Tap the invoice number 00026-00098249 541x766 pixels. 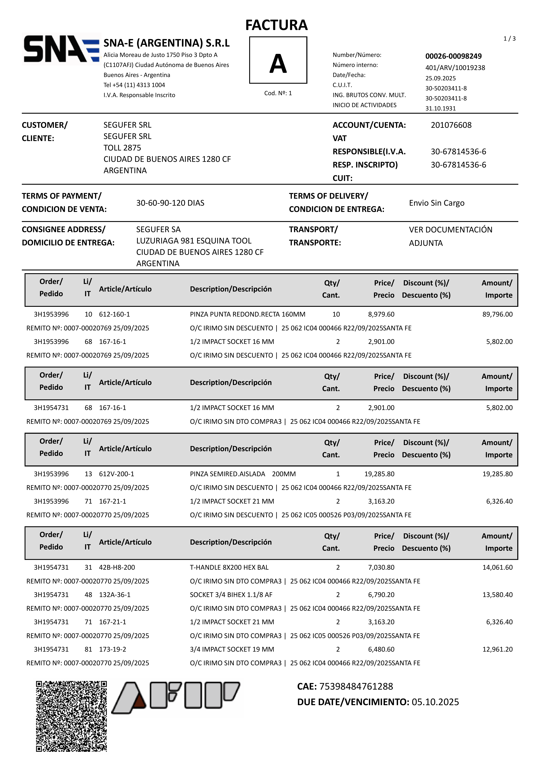(453, 56)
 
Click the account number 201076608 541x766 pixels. (451, 125)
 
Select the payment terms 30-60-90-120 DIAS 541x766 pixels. (170, 203)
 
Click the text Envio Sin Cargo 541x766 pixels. (437, 203)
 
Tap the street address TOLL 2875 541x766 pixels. (122, 148)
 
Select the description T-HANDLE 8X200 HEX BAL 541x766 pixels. (229, 567)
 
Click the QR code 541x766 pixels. (71, 716)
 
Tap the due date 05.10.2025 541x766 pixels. (435, 702)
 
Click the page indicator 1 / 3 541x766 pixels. (509, 39)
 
